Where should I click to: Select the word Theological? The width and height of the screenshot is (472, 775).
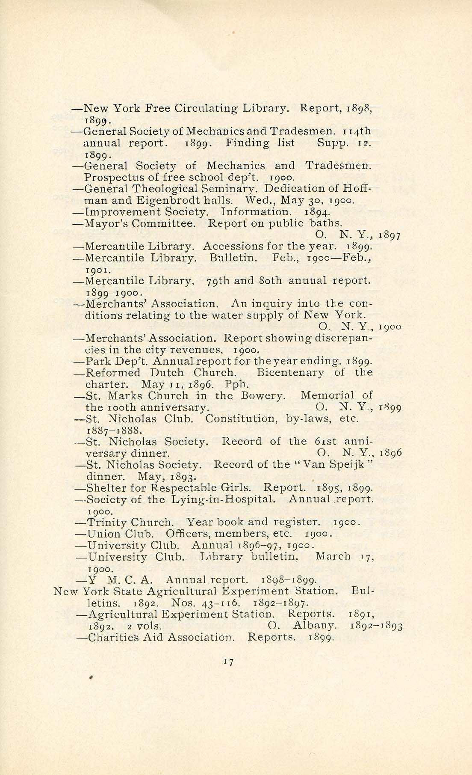(x=165, y=189)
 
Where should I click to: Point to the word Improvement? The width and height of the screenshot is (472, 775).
(x=123, y=212)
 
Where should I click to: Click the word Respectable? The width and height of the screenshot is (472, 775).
(x=182, y=488)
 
